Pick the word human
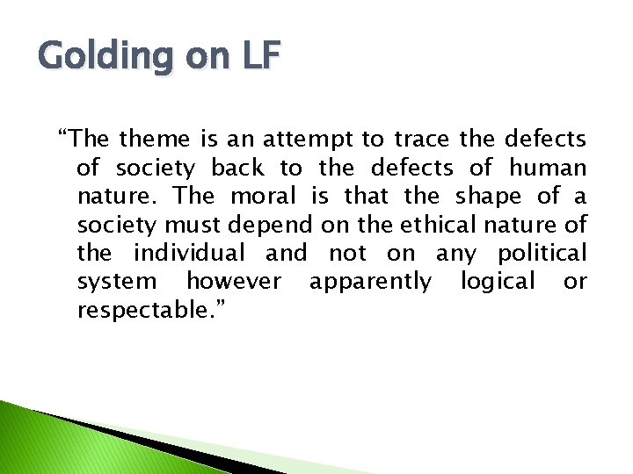(548, 167)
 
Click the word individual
(189, 253)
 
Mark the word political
(542, 253)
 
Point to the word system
(117, 282)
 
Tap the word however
(234, 282)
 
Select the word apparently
(370, 282)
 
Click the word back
(237, 167)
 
